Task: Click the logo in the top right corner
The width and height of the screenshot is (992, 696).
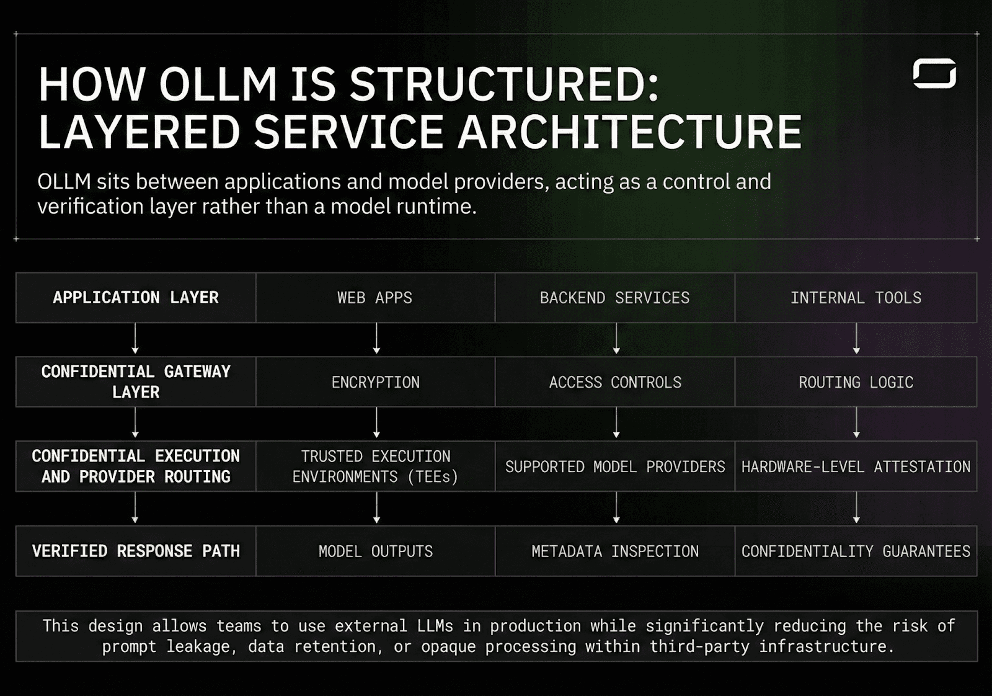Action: point(934,73)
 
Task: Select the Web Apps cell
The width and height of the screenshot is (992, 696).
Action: point(375,298)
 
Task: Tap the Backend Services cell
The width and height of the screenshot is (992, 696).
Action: point(614,298)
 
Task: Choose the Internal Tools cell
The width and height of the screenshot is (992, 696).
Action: point(856,298)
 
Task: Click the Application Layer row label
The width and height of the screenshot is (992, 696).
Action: point(136,298)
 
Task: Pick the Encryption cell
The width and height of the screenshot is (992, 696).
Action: point(375,382)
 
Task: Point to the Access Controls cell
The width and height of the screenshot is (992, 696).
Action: point(614,382)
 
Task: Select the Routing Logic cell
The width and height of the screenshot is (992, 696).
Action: point(856,382)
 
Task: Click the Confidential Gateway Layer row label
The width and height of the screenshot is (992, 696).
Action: point(136,381)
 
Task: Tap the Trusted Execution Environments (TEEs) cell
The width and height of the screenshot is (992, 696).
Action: point(375,466)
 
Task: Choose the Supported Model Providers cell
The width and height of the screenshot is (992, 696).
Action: point(614,466)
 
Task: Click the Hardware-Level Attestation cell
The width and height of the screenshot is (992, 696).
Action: point(856,466)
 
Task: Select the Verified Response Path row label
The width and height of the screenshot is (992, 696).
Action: point(136,551)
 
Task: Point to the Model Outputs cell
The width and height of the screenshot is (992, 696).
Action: point(375,551)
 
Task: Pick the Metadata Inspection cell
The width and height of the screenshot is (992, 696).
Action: point(614,551)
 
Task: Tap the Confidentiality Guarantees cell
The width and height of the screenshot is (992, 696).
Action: point(856,551)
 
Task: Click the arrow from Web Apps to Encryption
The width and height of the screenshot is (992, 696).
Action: point(376,339)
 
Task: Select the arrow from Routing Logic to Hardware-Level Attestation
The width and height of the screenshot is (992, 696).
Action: point(856,423)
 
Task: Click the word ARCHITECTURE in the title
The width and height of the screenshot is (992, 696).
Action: point(630,132)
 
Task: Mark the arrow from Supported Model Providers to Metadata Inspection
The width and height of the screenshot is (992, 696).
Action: point(616,507)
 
